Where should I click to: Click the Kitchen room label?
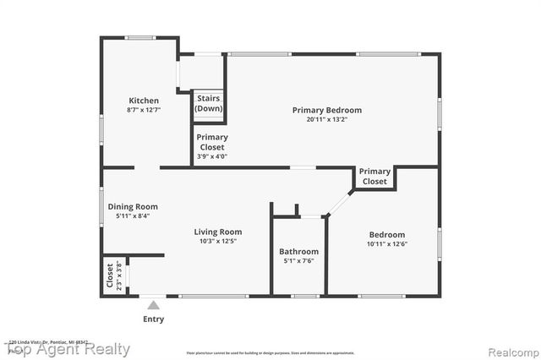click(x=143, y=101)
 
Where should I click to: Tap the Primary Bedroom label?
click(x=327, y=110)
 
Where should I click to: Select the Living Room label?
click(x=218, y=232)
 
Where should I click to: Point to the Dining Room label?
click(x=133, y=206)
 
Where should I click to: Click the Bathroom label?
click(x=299, y=251)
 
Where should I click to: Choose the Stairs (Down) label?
click(x=209, y=104)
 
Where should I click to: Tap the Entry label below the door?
click(x=154, y=319)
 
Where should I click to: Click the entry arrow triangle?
click(x=153, y=304)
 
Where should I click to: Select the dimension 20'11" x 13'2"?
click(x=327, y=120)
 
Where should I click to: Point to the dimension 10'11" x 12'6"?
click(x=387, y=245)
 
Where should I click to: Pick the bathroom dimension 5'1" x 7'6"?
click(x=299, y=261)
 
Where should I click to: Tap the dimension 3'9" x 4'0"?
click(x=211, y=156)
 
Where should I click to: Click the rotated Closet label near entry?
click(x=110, y=275)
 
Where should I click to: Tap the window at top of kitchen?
click(x=139, y=37)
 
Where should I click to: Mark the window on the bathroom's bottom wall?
click(x=304, y=296)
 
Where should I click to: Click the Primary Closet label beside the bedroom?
click(x=375, y=177)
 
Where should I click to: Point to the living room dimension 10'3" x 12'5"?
click(x=218, y=242)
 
